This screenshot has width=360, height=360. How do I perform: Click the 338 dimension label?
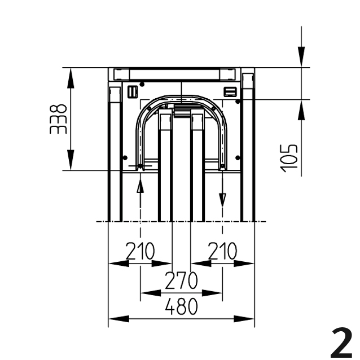58,119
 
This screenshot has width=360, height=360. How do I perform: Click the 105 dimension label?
289,158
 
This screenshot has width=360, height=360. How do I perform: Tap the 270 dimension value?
181,280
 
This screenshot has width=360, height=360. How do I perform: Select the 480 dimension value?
181,306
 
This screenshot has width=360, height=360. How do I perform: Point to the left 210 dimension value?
140,251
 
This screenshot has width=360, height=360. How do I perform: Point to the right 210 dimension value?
222,251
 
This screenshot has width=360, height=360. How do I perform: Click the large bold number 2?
342,343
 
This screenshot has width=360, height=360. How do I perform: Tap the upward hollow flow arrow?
140,186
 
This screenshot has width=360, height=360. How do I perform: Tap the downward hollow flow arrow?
222,200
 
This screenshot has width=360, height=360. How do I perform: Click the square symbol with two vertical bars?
133,91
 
